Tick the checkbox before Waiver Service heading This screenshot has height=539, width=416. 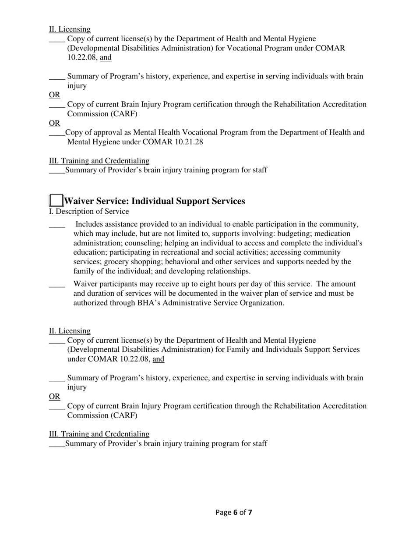coord(56,200)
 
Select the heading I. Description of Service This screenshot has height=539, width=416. coord(89,212)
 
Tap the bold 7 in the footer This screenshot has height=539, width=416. coord(250,512)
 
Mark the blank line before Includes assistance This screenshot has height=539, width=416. coord(57,225)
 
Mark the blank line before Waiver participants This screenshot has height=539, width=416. coord(57,285)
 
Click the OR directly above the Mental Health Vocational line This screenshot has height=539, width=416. coord(54,123)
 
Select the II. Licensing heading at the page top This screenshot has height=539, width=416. coord(70,29)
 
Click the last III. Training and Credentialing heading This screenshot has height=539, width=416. coord(99,434)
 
